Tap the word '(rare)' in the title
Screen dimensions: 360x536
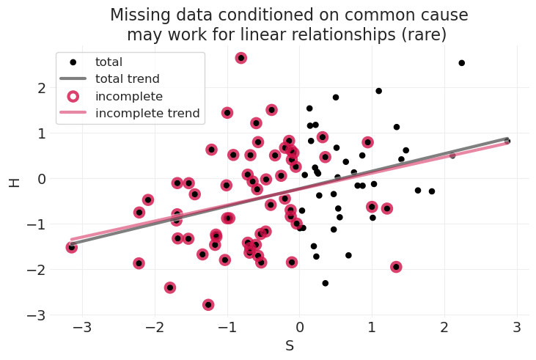pyautogui.click(x=420, y=34)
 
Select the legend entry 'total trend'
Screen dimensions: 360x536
pyautogui.click(x=127, y=79)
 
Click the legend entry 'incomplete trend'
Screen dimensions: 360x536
pyautogui.click(x=147, y=113)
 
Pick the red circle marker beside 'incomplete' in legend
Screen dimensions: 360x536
pyautogui.click(x=73, y=96)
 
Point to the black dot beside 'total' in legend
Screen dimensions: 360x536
pyautogui.click(x=73, y=62)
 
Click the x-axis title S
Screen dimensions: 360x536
pyautogui.click(x=290, y=346)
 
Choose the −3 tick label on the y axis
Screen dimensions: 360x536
pyautogui.click(x=29, y=315)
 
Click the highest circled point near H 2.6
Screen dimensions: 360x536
pyautogui.click(x=241, y=58)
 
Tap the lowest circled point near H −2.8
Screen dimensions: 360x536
pyautogui.click(x=208, y=304)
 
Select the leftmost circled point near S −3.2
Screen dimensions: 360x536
pyautogui.click(x=71, y=248)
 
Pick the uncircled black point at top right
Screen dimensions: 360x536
pyautogui.click(x=461, y=63)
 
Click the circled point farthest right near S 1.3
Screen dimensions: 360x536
pyautogui.click(x=396, y=267)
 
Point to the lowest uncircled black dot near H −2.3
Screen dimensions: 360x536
pyautogui.click(x=326, y=283)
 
